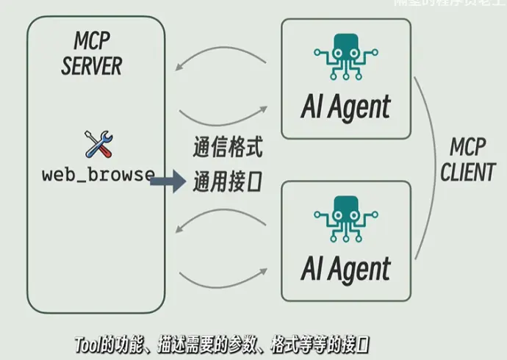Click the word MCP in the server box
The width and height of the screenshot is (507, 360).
pyautogui.click(x=92, y=40)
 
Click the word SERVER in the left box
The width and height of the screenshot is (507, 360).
pyautogui.click(x=92, y=65)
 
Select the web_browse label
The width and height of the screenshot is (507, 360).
pyautogui.click(x=98, y=175)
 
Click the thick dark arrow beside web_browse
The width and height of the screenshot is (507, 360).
pyautogui.click(x=168, y=179)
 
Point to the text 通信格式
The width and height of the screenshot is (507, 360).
pyautogui.click(x=227, y=148)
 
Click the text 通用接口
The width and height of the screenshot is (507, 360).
pyautogui.click(x=227, y=180)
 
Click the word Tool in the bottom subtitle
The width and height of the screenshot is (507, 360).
pyautogui.click(x=89, y=343)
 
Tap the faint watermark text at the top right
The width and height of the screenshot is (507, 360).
pyautogui.click(x=448, y=3)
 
